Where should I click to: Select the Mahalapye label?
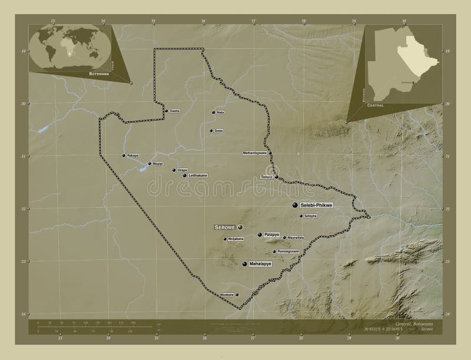point(260,264)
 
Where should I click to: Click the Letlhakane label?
point(198,175)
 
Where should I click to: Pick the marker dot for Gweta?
point(166,111)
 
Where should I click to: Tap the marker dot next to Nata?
point(213,112)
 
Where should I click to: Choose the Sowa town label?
point(218,131)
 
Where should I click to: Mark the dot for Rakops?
point(124,156)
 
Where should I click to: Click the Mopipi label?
point(157,164)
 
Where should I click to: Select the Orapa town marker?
point(174,171)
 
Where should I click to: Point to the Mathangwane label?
point(255,153)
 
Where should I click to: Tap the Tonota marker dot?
point(276,176)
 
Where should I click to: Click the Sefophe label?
point(311,216)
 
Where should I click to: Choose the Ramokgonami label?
point(289,251)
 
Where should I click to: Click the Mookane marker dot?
point(237,294)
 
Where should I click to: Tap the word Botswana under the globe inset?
point(99,75)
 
